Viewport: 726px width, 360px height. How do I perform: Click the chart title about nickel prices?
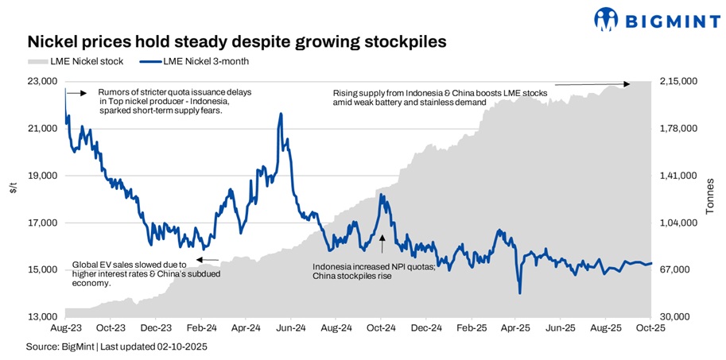[236, 41]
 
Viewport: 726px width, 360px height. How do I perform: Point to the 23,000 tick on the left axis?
[44, 81]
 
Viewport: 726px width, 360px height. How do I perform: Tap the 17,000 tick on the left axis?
[44, 223]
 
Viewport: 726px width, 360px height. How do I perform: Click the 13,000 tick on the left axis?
[44, 317]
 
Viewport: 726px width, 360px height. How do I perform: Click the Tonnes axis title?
[710, 199]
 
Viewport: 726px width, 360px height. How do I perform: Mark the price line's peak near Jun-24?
[281, 114]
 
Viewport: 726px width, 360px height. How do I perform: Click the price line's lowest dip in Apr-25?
[519, 293]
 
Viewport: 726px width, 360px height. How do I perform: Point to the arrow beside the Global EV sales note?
[207, 260]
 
